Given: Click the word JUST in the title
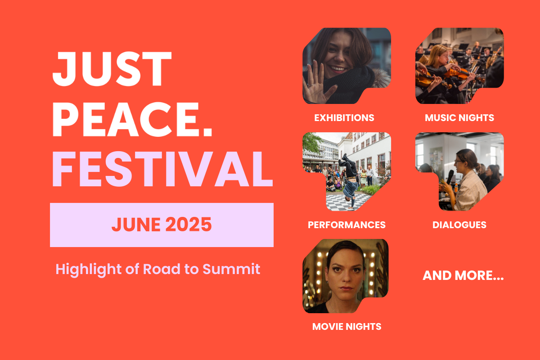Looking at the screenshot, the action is pyautogui.click(x=112, y=69).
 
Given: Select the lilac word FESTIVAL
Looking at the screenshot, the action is pyautogui.click(x=162, y=169).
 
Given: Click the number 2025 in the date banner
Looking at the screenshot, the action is pyautogui.click(x=189, y=225).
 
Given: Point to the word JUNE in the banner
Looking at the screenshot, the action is pyautogui.click(x=136, y=225).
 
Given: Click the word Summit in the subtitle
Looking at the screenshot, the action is pyautogui.click(x=231, y=269).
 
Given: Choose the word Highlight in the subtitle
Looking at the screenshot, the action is pyautogui.click(x=88, y=270).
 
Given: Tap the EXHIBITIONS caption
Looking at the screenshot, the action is pyautogui.click(x=344, y=117).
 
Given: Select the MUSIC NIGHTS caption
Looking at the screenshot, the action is pyautogui.click(x=459, y=117).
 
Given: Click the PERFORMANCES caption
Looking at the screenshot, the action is pyautogui.click(x=346, y=225).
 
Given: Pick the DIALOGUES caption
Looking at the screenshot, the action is pyautogui.click(x=459, y=225).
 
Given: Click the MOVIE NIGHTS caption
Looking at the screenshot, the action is pyautogui.click(x=346, y=327).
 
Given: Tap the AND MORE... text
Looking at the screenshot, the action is pyautogui.click(x=463, y=275).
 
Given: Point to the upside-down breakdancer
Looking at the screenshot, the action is pyautogui.click(x=348, y=180).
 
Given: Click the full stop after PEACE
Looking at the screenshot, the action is pyautogui.click(x=207, y=133).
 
